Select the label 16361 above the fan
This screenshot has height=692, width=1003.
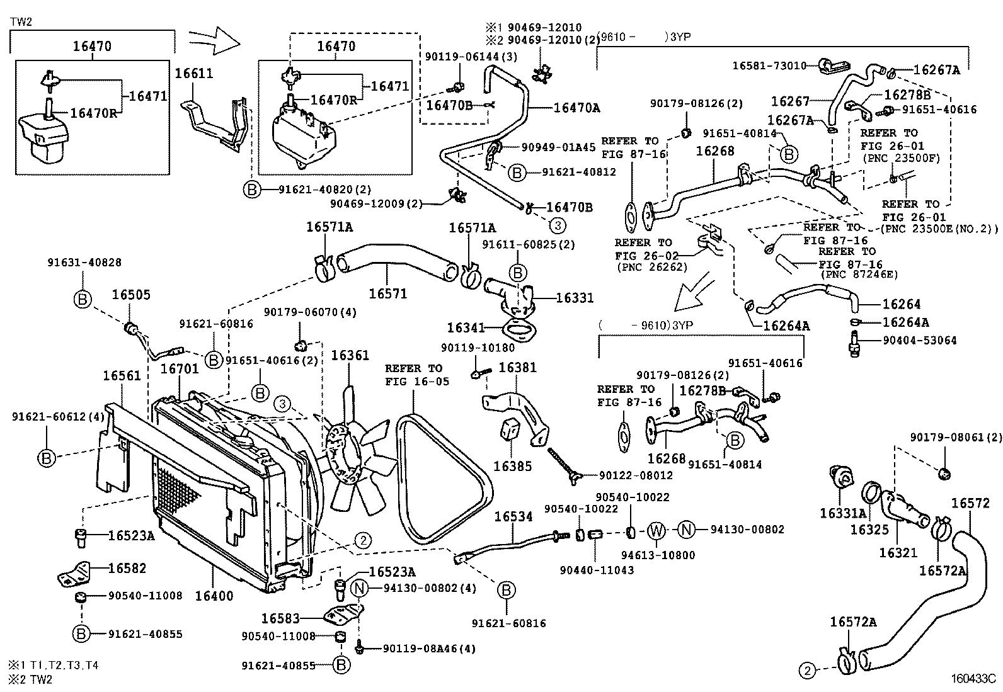(x=350, y=356)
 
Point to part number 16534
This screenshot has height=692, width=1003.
(x=513, y=517)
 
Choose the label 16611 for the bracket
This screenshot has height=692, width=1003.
(x=194, y=73)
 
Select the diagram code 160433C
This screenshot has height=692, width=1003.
(x=973, y=679)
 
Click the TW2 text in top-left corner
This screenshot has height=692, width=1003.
(x=21, y=21)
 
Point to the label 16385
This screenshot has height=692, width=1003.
(x=512, y=467)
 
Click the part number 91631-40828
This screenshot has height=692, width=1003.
(x=84, y=263)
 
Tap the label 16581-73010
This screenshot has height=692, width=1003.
(x=769, y=65)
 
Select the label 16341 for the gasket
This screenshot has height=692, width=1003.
(x=466, y=328)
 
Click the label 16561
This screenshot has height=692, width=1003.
(x=122, y=376)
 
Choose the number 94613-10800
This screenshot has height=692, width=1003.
(x=658, y=555)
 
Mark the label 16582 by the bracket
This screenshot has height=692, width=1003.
(x=127, y=568)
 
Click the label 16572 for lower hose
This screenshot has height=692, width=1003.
(x=970, y=503)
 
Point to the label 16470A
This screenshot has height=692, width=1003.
(x=576, y=108)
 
